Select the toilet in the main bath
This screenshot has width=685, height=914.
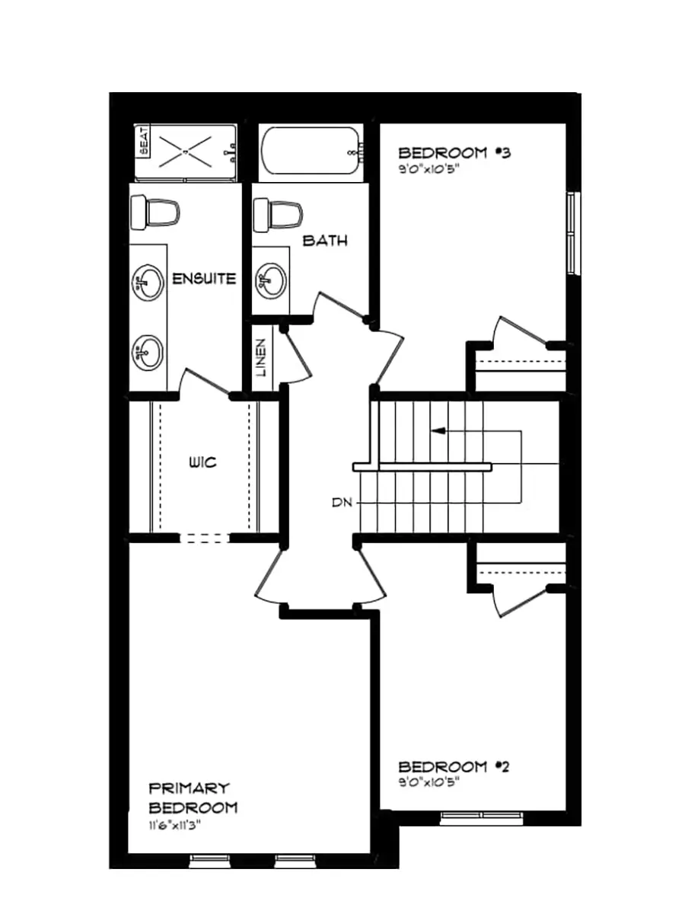279,214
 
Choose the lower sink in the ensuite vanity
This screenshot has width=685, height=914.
148,352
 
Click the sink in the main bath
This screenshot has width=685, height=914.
271,280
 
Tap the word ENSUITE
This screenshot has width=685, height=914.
204,279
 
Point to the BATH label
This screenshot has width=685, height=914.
325,241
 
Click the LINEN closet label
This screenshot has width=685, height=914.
261,358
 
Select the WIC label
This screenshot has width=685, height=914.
203,462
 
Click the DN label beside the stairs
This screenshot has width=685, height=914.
340,503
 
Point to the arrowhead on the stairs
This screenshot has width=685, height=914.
438,432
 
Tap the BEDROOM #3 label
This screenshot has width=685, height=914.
454,152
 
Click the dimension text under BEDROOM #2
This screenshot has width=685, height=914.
430,781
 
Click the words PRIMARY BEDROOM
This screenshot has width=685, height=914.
193,797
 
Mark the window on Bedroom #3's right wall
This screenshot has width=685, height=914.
572,232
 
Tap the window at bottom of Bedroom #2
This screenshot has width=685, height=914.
481,818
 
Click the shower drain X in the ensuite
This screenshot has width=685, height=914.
186,152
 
